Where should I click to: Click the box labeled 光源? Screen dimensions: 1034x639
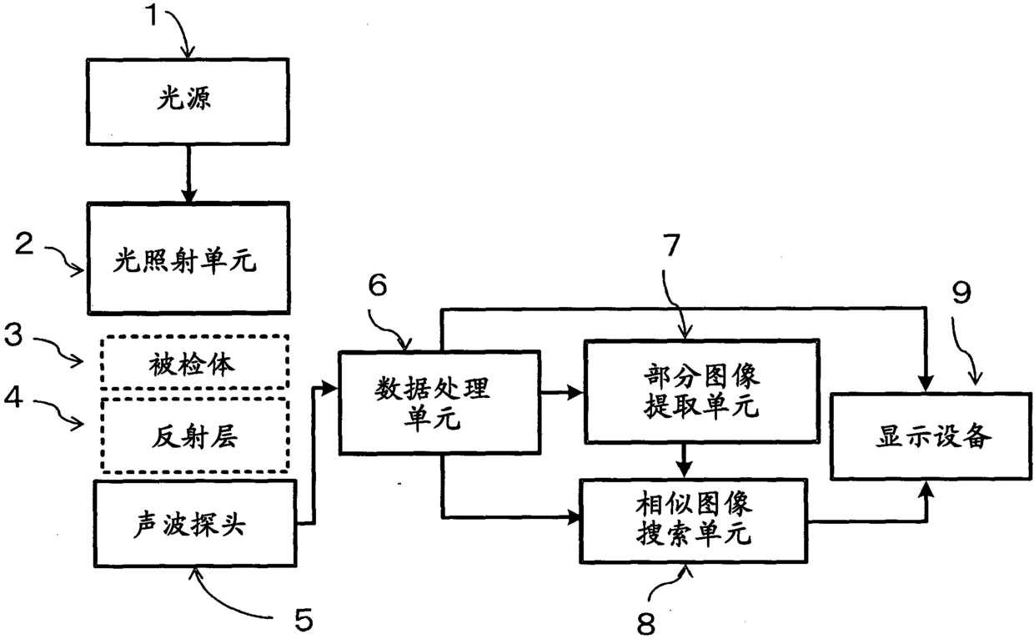tap(188, 102)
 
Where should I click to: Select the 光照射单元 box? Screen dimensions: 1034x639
tap(188, 258)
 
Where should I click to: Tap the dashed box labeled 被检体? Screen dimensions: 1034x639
tap(195, 362)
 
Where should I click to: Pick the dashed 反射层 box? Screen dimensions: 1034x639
tap(195, 435)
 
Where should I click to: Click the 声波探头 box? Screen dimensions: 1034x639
tap(195, 524)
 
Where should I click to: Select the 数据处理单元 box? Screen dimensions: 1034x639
tap(440, 403)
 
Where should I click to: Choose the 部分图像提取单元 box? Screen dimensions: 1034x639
tap(702, 391)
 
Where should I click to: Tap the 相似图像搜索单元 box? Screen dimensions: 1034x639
tap(694, 521)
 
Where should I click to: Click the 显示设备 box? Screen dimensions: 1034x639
tap(931, 436)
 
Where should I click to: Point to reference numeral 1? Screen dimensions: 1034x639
tap(153, 15)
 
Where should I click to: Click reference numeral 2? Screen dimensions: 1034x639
tap(24, 244)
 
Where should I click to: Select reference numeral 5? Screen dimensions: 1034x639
tap(304, 620)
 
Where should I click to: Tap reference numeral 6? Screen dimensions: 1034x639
tap(378, 284)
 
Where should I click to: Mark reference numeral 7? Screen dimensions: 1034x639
tap(671, 245)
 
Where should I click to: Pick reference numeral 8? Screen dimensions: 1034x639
tap(645, 624)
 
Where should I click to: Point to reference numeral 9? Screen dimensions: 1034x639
tap(961, 292)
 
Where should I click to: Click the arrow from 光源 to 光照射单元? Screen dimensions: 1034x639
tap(188, 174)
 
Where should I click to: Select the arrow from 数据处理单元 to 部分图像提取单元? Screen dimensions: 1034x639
tap(562, 392)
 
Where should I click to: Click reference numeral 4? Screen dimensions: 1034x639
tap(13, 396)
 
